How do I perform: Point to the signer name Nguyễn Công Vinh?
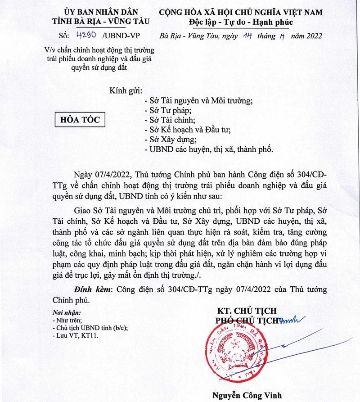pyautogui.click(x=247, y=396)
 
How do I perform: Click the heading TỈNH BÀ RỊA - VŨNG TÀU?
pyautogui.click(x=101, y=21)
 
